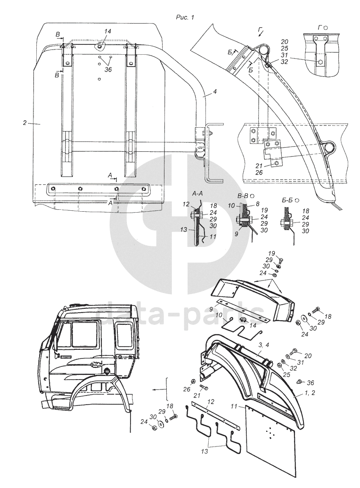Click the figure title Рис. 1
coord(185,17)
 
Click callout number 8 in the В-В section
coord(258,205)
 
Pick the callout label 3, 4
coord(264,347)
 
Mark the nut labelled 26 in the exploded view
coord(194,380)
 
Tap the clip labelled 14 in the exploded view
coord(244,321)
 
